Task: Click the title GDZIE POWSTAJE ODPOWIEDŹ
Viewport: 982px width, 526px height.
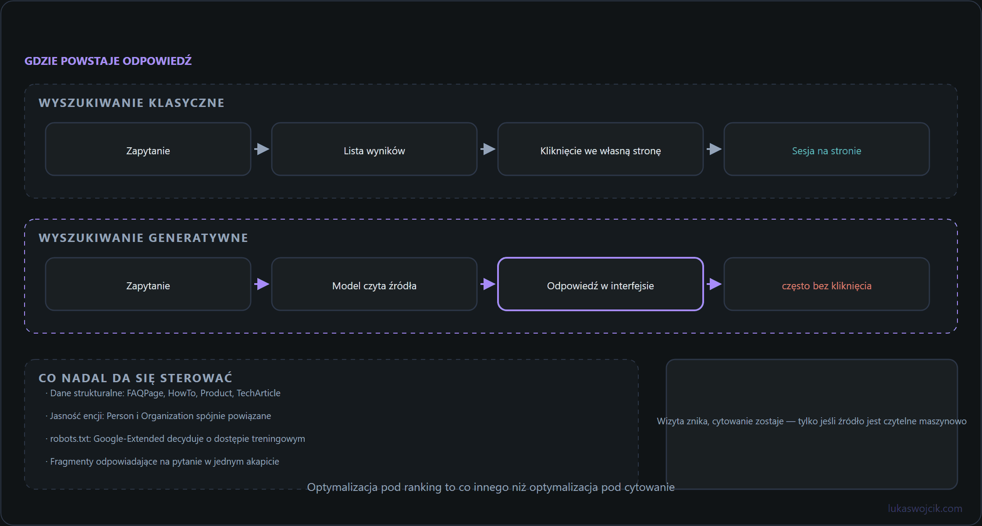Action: tap(108, 61)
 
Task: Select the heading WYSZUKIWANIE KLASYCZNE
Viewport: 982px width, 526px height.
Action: tap(132, 103)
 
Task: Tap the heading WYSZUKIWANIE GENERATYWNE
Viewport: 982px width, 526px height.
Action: tap(143, 238)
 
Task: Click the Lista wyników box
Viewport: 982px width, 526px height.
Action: tap(374, 149)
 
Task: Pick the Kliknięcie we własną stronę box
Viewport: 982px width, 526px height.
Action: tap(601, 149)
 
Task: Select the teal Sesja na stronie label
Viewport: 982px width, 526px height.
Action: tap(827, 151)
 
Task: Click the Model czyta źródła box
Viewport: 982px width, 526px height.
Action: tap(374, 284)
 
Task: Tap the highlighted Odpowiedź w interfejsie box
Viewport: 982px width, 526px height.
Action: tap(601, 284)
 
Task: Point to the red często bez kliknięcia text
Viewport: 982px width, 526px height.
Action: tap(827, 286)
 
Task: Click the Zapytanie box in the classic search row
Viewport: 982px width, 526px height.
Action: tap(148, 149)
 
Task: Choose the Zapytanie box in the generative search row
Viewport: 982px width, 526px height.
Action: tap(148, 284)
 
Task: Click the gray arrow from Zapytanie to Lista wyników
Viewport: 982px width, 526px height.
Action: tap(262, 149)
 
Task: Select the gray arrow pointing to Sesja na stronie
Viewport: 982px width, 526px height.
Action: tap(714, 149)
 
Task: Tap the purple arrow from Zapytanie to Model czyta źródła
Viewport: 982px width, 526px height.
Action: tap(262, 284)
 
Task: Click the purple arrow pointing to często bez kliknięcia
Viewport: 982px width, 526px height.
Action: tap(714, 284)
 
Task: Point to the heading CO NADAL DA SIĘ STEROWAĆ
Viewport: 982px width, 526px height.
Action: tap(135, 378)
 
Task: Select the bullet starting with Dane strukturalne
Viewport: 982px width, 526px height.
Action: tap(163, 393)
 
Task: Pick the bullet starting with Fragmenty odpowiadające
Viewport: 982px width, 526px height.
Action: tap(162, 462)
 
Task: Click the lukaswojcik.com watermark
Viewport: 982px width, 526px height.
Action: tap(925, 508)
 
